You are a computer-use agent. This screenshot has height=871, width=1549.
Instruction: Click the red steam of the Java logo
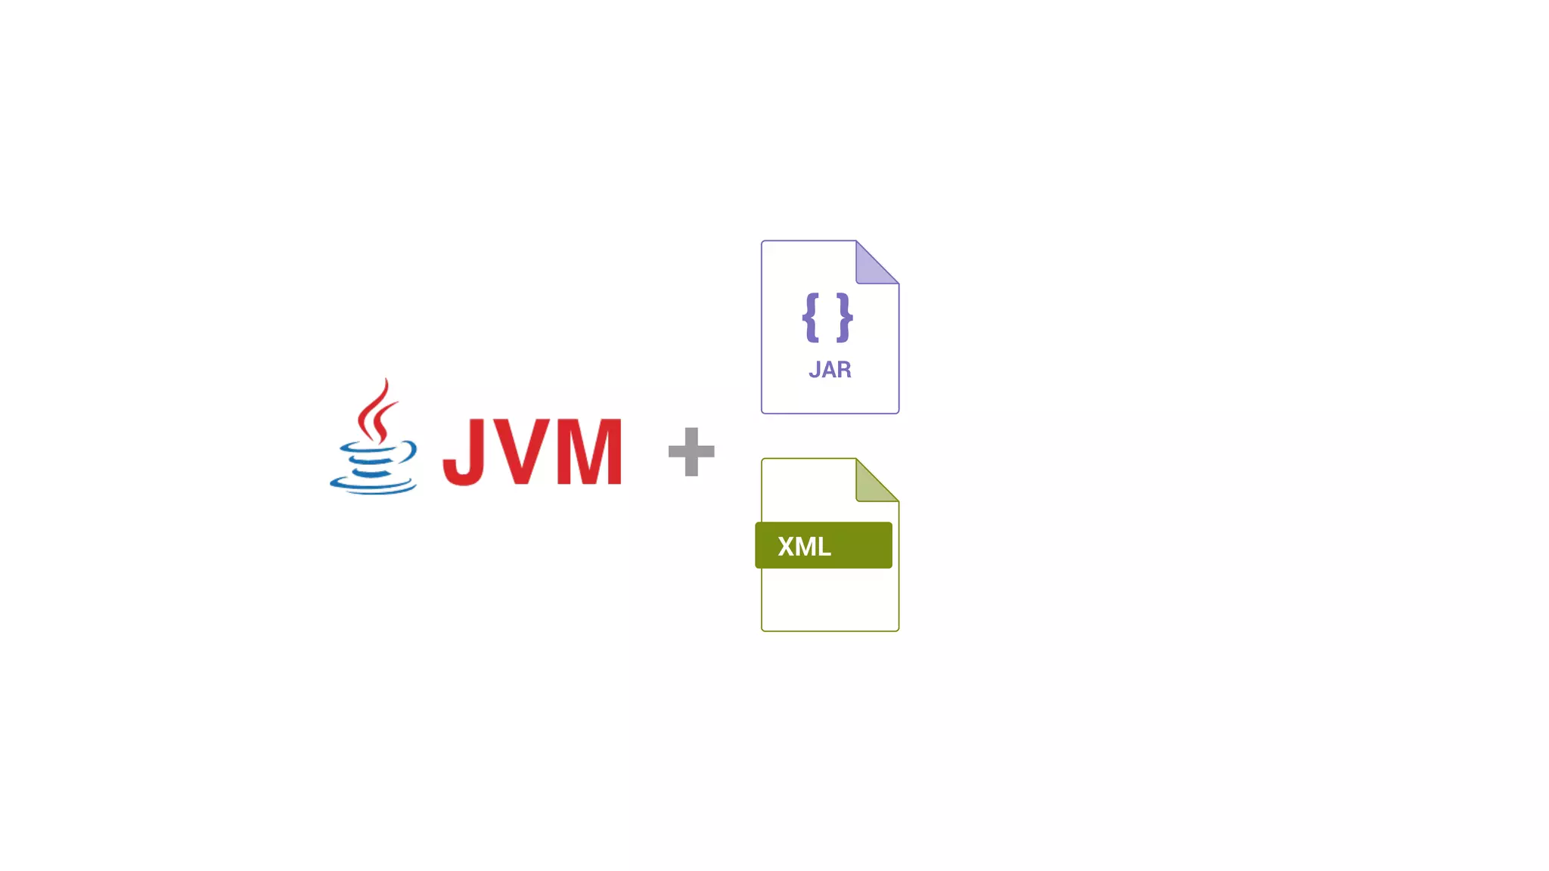pos(376,412)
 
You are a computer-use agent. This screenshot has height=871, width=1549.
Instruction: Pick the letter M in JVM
pos(588,452)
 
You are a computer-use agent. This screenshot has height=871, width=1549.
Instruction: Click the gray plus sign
pos(691,452)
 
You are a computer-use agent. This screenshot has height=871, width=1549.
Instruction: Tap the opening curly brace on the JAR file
pos(811,318)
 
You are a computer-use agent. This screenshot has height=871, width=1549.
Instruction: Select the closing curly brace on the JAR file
pos(845,318)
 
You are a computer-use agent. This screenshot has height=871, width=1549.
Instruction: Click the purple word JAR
pos(830,370)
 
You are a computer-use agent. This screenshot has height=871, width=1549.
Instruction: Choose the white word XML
pos(804,546)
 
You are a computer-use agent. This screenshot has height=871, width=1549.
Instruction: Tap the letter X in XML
pos(787,546)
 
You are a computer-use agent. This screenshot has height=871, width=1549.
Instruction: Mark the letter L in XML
pos(824,546)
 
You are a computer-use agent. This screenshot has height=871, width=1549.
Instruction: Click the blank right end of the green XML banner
pos(866,545)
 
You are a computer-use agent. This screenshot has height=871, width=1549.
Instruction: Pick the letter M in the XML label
pos(806,546)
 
